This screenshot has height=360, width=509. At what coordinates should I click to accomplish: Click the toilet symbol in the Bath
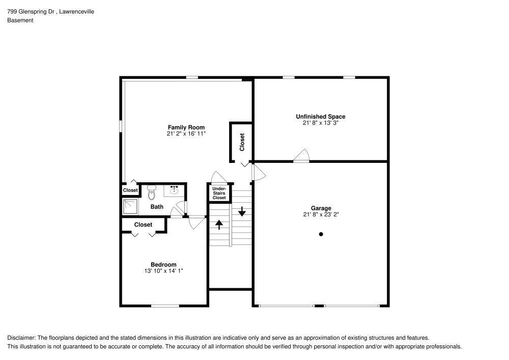point(151,193)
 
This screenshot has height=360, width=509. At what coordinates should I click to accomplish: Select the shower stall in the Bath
point(131,206)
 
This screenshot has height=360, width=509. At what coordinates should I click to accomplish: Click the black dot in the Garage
point(321,234)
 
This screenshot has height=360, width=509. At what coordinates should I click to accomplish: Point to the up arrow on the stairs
point(219,224)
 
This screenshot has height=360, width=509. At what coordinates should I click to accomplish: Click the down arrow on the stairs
point(242,210)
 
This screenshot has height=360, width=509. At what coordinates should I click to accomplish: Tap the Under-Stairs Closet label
point(219,193)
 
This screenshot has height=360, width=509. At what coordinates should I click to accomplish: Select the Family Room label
point(186,127)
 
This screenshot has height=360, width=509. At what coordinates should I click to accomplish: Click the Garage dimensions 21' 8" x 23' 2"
point(321,214)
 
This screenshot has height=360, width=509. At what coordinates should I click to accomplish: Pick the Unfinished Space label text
point(321,117)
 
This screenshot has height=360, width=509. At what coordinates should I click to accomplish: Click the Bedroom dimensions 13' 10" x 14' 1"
point(163,271)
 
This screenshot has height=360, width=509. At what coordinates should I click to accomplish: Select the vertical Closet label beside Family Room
point(242,142)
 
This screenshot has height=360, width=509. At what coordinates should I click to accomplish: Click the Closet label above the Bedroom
point(143,225)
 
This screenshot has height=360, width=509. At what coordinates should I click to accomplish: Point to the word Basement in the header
point(20,20)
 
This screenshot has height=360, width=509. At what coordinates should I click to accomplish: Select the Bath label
point(157,207)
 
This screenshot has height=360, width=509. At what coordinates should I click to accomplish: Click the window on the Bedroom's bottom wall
point(165,306)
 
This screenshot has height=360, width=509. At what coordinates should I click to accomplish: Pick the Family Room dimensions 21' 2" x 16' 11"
point(186,133)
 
